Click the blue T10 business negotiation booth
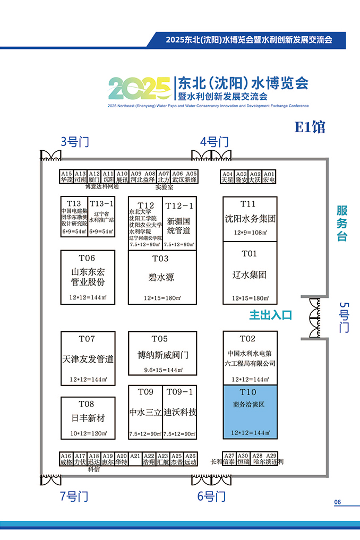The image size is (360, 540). point(250,412)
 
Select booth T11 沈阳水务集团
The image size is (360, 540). point(250,219)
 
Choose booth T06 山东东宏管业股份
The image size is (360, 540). point(88,277)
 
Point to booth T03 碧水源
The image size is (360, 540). point(161,277)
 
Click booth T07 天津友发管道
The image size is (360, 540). point(88,358)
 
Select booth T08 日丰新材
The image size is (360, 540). point(88,417)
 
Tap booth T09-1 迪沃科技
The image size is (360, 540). point(180,412)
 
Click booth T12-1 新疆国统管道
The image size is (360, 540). point(179,224)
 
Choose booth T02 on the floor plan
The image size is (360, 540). point(250,357)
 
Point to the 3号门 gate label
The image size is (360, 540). point(74,142)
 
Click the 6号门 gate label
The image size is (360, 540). point(211,496)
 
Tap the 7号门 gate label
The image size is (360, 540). point(74,496)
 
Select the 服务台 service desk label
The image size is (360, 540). point(342,224)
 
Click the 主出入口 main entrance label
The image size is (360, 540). point(271,315)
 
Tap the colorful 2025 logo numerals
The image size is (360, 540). point(139,88)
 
